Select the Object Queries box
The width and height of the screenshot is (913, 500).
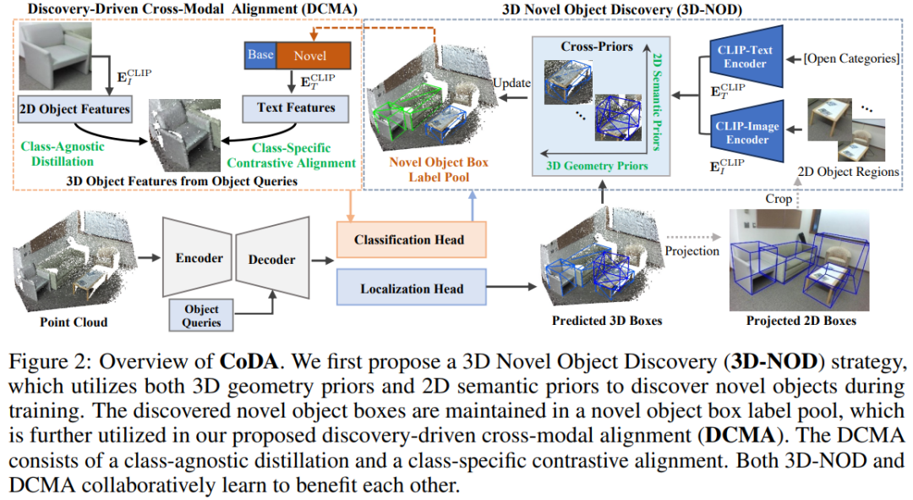201,315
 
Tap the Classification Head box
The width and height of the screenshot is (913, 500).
411,240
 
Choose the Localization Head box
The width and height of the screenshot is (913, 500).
411,288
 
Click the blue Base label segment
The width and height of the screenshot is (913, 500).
260,55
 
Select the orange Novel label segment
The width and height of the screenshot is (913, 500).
309,55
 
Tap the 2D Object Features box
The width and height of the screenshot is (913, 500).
74,108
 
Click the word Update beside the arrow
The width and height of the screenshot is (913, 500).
512,83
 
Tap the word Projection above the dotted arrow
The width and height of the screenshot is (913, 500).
692,250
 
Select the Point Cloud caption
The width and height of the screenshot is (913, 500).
74,321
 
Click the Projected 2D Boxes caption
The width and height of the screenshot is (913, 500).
801,321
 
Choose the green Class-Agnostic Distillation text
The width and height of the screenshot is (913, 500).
62,153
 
